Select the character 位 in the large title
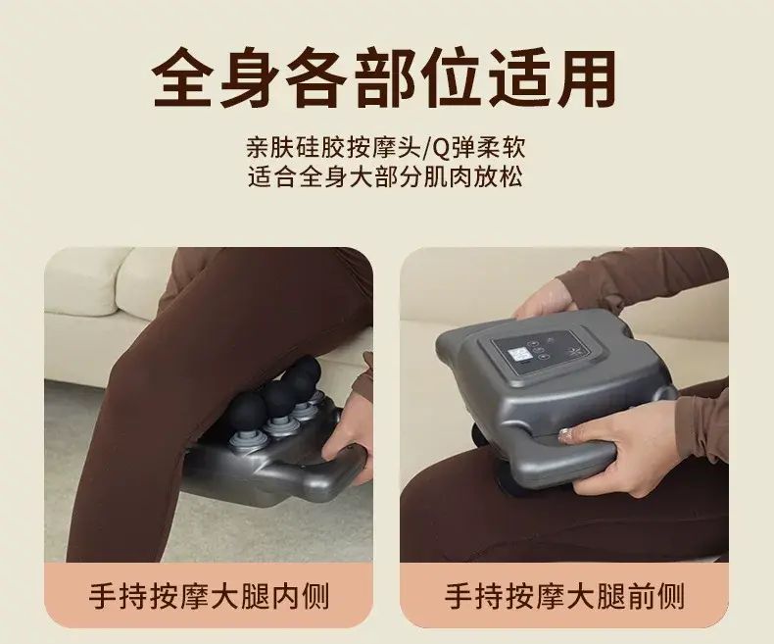pyautogui.click(x=452, y=78)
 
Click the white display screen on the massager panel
pyautogui.click(x=519, y=357)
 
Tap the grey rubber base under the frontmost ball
pyautogui.click(x=242, y=437)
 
